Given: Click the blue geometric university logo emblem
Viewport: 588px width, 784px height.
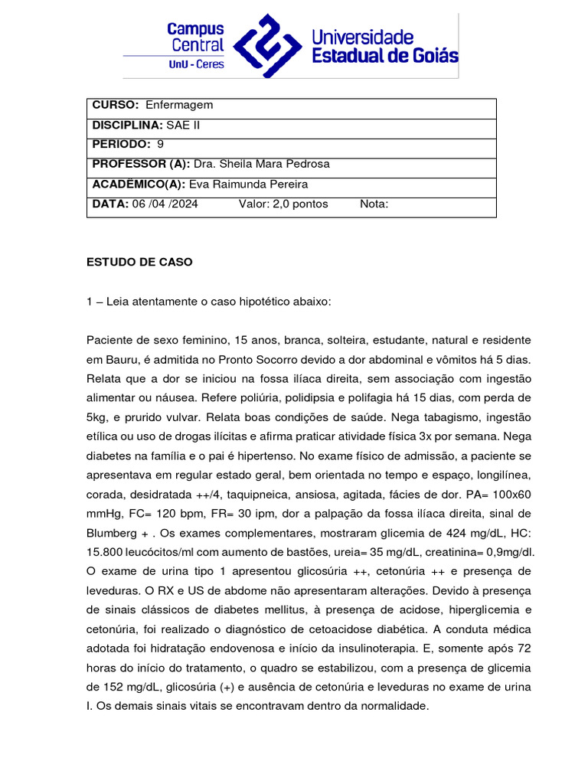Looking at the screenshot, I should [267, 46].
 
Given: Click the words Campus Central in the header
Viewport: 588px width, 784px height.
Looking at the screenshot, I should [196, 37].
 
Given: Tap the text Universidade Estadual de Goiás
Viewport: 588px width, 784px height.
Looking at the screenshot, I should [384, 46].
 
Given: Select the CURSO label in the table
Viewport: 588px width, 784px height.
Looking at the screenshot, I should [115, 105].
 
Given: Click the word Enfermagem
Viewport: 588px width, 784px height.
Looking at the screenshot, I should [179, 105].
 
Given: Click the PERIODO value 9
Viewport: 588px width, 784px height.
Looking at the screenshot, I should [160, 144].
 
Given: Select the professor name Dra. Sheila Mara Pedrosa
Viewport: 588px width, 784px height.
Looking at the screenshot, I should [262, 164].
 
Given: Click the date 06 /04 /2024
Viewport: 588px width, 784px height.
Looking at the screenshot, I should [165, 204].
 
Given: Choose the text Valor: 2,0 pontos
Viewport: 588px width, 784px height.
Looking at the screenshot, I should [283, 204].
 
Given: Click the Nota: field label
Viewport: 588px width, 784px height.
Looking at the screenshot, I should [374, 204].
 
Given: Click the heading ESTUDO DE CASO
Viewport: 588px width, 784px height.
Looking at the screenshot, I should [139, 262].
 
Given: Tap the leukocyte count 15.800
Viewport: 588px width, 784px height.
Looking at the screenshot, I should [106, 552].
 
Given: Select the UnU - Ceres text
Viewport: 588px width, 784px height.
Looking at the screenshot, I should [196, 64].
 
